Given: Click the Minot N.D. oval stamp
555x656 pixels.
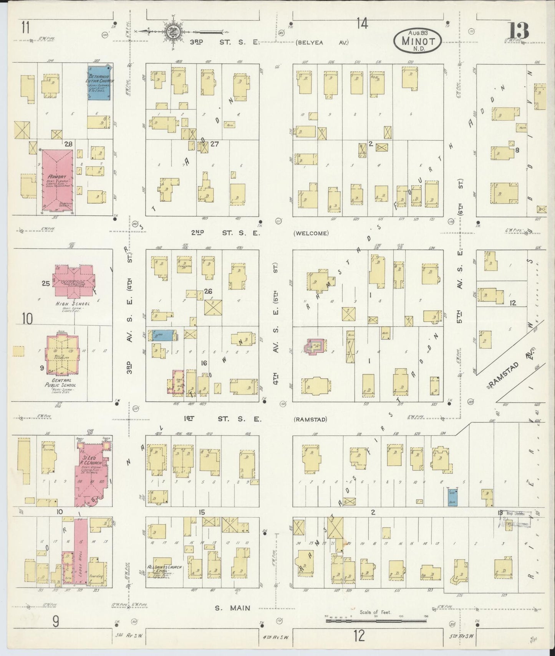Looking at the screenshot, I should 417,40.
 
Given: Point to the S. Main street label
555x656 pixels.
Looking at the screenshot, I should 232,608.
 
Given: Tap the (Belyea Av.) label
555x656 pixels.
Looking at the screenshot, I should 322,43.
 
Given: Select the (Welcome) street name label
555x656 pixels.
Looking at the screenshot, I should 311,233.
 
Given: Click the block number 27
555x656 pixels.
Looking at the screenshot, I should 214,144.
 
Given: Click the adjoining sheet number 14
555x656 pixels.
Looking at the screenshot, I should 362,24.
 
